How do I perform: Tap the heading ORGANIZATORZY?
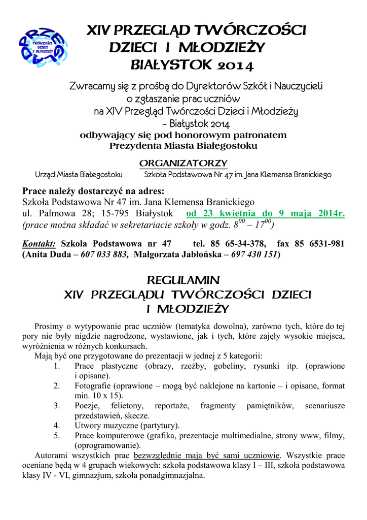[183, 163]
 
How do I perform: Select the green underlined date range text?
[265, 213]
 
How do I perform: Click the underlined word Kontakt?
[39, 244]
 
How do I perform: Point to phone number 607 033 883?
[104, 254]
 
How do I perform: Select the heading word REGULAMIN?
[182, 280]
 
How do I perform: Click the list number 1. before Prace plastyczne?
[57, 366]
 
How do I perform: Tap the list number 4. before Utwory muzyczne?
[57, 425]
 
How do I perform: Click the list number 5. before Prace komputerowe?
[57, 435]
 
